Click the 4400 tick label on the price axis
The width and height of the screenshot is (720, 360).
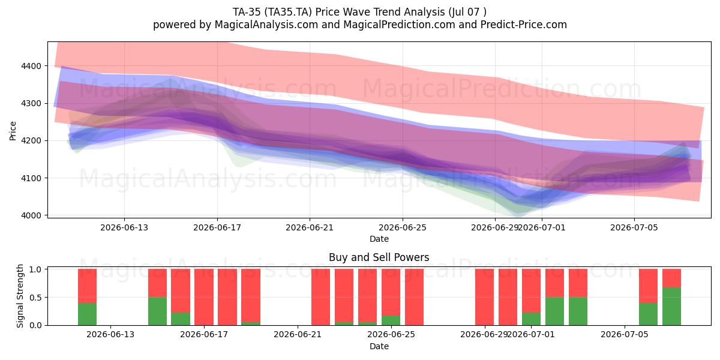[x=31, y=66]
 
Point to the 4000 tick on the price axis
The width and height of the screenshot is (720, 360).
[x=31, y=215]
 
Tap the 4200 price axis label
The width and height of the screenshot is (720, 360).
[x=31, y=141]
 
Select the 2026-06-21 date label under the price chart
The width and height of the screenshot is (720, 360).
[x=310, y=227]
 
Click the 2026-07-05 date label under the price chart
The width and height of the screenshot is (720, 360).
[x=634, y=227]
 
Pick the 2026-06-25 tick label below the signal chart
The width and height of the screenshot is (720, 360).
[x=391, y=334]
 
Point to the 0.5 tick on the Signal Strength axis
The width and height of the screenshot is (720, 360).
[x=35, y=298]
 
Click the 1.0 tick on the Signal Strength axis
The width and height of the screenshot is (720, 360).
[x=35, y=269]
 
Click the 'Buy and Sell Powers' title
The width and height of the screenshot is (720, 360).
[x=379, y=257]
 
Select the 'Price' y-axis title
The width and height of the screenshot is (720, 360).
[x=13, y=131]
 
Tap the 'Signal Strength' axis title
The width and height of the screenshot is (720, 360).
[x=20, y=296]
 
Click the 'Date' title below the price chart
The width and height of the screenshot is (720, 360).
[x=379, y=239]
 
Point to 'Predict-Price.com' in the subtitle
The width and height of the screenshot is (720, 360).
[x=524, y=25]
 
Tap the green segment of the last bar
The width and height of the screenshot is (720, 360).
[x=672, y=307]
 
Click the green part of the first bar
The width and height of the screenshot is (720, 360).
[x=88, y=314]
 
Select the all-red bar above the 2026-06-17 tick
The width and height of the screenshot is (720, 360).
[x=204, y=297]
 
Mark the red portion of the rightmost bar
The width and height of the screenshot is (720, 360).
[x=672, y=278]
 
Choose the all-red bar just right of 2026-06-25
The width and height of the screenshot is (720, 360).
[x=415, y=297]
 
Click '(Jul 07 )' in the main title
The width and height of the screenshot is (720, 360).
[x=467, y=12]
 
